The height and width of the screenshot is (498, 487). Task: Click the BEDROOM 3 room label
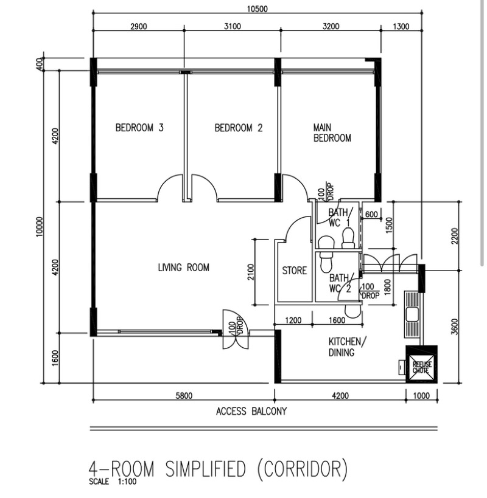click(139, 128)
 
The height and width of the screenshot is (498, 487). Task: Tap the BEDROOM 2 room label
click(239, 128)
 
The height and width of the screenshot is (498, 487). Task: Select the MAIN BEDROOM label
click(332, 133)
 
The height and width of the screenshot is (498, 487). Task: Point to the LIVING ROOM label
click(184, 268)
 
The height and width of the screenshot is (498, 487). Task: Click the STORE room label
click(295, 271)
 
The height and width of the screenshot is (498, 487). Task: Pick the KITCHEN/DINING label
click(347, 347)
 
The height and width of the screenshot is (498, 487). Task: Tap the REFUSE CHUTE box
click(421, 365)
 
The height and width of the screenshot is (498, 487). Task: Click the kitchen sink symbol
click(413, 314)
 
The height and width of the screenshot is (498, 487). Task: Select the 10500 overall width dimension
click(258, 9)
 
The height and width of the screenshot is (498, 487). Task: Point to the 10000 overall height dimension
click(39, 226)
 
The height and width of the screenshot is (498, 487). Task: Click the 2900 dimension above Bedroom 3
click(139, 26)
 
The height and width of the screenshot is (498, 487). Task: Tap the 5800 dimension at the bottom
click(184, 396)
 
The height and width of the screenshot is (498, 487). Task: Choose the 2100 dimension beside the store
click(251, 272)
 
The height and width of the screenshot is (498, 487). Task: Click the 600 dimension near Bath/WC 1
click(371, 215)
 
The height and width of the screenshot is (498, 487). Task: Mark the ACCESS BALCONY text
click(251, 411)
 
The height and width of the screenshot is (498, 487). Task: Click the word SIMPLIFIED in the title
click(206, 469)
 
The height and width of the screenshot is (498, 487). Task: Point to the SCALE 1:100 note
click(113, 482)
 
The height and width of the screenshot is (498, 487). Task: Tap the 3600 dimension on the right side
click(455, 327)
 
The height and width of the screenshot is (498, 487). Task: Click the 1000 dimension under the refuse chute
click(421, 396)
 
